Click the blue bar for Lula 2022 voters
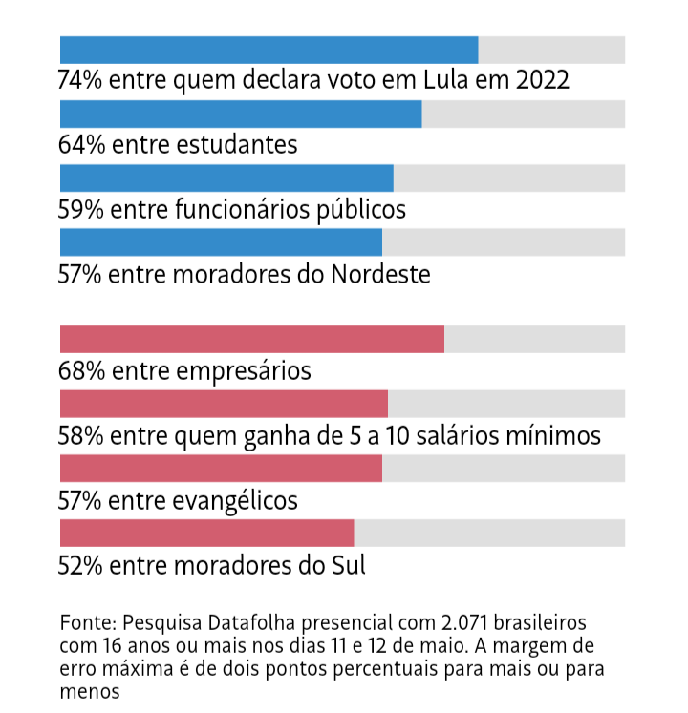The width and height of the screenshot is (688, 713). (269, 50)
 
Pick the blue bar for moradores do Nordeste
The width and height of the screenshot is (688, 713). (221, 241)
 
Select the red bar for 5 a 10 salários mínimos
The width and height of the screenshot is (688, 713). (224, 403)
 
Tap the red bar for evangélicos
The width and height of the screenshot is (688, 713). (221, 468)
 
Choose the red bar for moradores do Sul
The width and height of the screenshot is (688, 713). (206, 532)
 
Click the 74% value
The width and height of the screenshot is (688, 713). (80, 80)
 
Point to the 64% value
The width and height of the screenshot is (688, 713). (81, 145)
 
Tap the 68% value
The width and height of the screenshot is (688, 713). (81, 370)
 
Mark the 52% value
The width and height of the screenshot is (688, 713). (80, 565)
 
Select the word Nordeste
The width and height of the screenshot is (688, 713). (380, 275)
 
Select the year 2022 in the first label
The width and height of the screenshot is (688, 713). (543, 80)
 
